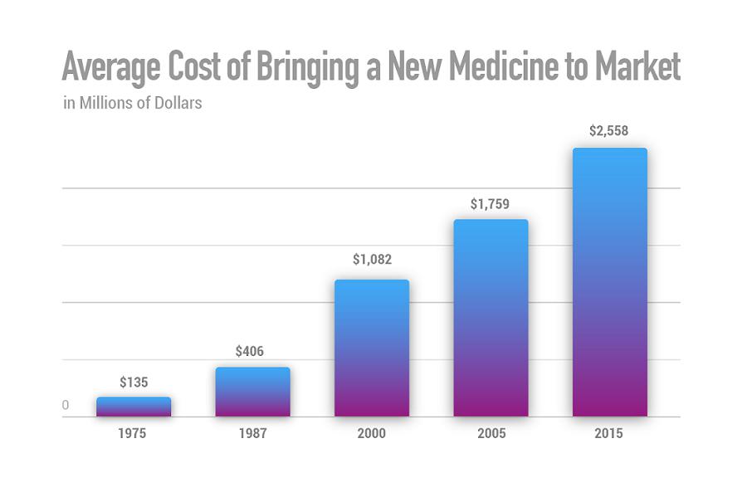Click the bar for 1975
click(134, 407)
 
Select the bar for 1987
click(253, 392)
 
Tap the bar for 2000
click(372, 348)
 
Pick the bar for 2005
click(491, 318)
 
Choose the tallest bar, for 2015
click(610, 282)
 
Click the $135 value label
click(134, 382)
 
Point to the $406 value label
click(250, 352)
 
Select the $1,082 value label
click(369, 260)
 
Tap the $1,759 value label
click(489, 203)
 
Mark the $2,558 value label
click(609, 131)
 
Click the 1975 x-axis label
click(134, 434)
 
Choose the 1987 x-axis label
click(252, 434)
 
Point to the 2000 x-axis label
click(372, 434)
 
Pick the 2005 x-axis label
click(491, 434)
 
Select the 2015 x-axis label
click(609, 434)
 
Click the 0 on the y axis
click(65, 405)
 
